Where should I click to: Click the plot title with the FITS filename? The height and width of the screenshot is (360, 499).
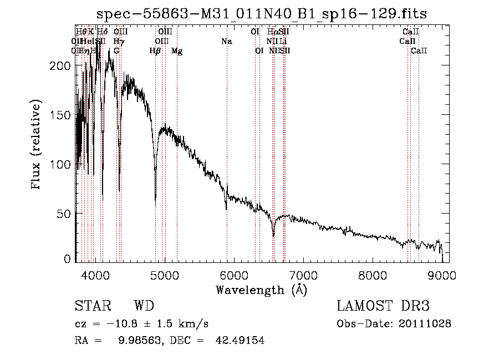(x=262, y=14)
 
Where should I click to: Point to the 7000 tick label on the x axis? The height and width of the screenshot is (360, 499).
(x=303, y=276)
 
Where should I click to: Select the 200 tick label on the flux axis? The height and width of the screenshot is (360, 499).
(x=60, y=66)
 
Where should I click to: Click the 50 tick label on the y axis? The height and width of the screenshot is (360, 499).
(x=63, y=215)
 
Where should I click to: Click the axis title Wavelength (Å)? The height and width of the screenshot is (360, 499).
(x=261, y=290)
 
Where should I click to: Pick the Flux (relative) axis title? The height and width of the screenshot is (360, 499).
(x=37, y=146)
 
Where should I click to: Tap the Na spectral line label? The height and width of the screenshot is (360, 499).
(x=226, y=42)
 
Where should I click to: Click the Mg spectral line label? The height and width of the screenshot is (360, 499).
(x=177, y=51)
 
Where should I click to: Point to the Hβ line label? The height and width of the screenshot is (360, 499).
(x=155, y=51)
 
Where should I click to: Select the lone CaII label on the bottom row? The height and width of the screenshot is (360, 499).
(x=419, y=51)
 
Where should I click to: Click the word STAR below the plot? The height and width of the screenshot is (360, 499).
(x=92, y=306)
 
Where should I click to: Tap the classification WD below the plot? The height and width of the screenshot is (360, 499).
(x=144, y=306)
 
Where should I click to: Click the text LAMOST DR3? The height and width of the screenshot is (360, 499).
(x=383, y=306)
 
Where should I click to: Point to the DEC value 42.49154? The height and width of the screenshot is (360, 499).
(x=240, y=341)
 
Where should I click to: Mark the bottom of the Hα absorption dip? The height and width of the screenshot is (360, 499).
(x=273, y=235)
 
